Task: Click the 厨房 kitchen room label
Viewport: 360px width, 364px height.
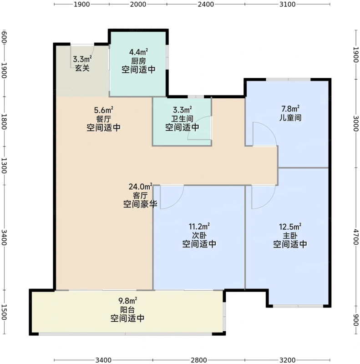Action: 138,61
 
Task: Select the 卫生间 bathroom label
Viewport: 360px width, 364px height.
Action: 182,119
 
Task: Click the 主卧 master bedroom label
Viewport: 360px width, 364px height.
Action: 289,235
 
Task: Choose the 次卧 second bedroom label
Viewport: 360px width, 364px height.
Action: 199,235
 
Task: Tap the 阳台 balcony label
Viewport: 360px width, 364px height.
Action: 127,309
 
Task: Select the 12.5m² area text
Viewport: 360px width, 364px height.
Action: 289,226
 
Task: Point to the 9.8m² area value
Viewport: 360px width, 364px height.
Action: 128,300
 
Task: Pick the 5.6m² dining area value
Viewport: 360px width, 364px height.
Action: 103,110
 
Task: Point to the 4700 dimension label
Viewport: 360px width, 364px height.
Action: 355,237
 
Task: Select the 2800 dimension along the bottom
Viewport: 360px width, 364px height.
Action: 198,360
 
